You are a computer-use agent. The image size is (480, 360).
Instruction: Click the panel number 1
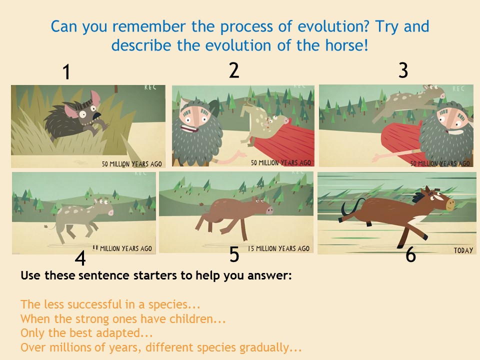click(x=66, y=72)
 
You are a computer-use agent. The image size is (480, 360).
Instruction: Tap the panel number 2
click(x=234, y=70)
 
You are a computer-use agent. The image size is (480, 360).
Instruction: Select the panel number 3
click(x=403, y=70)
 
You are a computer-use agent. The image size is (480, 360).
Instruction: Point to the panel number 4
click(x=80, y=258)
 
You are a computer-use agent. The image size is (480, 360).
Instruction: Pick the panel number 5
click(x=234, y=254)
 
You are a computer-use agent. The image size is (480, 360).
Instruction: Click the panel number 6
click(x=410, y=254)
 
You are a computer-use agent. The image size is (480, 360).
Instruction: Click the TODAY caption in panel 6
click(x=463, y=250)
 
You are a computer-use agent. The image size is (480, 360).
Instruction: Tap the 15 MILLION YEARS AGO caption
click(x=278, y=248)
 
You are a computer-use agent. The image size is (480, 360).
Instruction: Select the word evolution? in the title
click(x=334, y=26)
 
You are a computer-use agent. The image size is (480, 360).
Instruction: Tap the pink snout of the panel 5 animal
click(x=269, y=210)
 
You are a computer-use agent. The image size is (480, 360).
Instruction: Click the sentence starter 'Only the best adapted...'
click(x=86, y=333)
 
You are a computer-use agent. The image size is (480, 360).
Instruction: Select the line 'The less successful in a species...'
click(x=110, y=304)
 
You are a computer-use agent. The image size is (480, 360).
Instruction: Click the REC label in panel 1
click(x=150, y=87)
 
